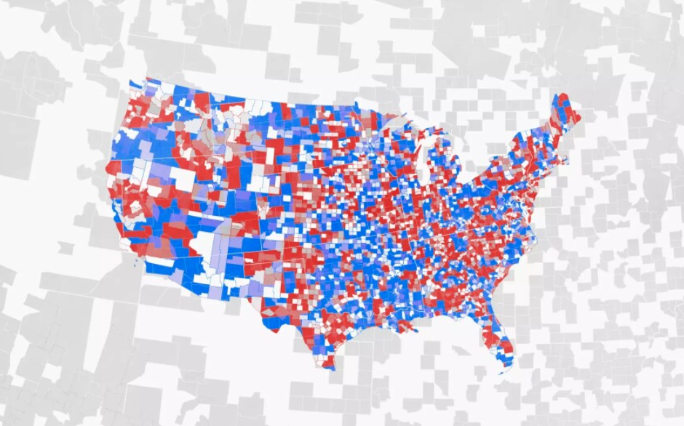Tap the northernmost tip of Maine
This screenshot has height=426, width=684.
(564, 95)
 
